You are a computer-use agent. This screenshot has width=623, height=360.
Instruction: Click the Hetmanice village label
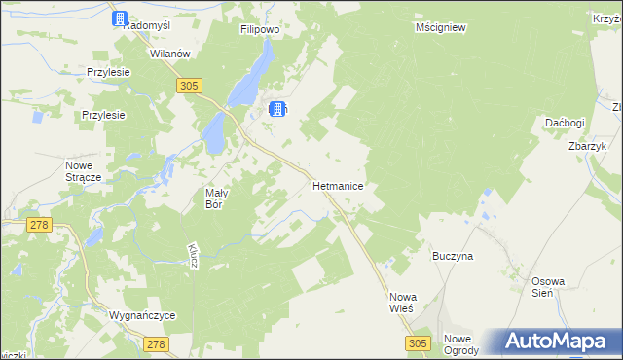[339, 183]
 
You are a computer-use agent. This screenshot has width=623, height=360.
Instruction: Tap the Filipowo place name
[260, 30]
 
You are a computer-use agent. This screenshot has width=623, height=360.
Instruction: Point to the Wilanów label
[168, 54]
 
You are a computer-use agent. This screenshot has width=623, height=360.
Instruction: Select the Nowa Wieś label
[401, 302]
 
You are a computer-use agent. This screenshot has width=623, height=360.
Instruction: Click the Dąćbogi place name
[565, 124]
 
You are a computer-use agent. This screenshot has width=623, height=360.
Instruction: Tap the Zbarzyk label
[587, 146]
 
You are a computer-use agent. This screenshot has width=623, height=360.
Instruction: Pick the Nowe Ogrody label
[461, 344]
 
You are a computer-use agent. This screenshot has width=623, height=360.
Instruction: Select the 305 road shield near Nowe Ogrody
[419, 343]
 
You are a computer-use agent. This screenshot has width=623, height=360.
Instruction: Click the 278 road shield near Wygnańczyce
[156, 343]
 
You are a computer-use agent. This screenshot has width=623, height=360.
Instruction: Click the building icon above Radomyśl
[120, 18]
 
